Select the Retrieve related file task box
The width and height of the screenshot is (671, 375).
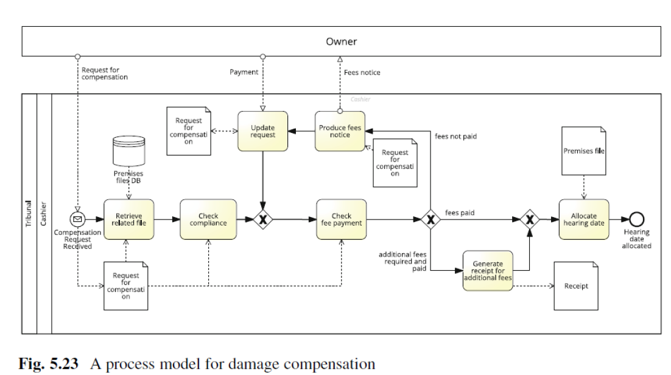click(128, 220)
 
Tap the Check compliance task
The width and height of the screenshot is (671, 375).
click(208, 220)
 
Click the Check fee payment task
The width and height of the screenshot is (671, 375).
click(341, 220)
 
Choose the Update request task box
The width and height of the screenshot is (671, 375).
click(262, 131)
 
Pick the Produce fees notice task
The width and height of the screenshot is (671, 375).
click(340, 131)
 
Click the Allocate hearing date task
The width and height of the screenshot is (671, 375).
click(584, 220)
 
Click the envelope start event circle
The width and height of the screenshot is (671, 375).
click(77, 220)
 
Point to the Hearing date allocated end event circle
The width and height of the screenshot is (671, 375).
click(637, 220)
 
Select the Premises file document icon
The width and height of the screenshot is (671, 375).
click(584, 152)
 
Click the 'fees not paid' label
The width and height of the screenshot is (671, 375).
click(455, 137)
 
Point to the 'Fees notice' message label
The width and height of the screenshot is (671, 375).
click(362, 73)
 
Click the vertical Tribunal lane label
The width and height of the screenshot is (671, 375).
click(29, 213)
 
